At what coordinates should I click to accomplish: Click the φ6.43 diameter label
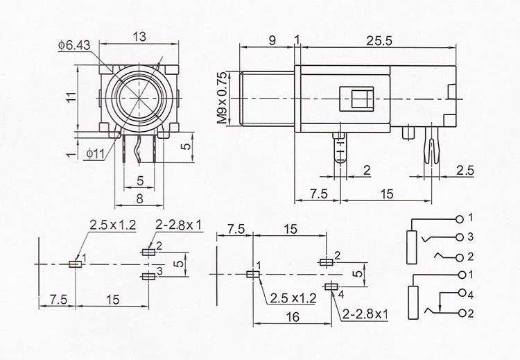[x=73, y=45]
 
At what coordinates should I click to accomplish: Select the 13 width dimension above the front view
[x=139, y=37]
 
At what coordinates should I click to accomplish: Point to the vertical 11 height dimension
[x=71, y=97]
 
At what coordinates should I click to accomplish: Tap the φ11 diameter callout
[x=95, y=153]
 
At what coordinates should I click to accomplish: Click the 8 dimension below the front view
[x=139, y=198]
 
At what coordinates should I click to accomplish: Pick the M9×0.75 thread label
[x=223, y=98]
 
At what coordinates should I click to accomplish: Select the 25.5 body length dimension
[x=379, y=41]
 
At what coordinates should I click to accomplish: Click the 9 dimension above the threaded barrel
[x=272, y=40]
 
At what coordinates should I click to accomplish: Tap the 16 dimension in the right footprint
[x=293, y=317]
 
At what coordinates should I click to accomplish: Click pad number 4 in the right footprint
[x=331, y=286]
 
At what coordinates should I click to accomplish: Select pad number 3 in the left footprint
[x=148, y=276]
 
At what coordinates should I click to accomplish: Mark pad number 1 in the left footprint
[x=76, y=264]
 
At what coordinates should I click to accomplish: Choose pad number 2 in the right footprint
[x=326, y=262]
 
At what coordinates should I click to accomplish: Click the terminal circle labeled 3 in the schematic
[x=460, y=237]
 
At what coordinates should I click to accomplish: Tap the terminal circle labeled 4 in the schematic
[x=462, y=293]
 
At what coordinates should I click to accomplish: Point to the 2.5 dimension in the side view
[x=465, y=171]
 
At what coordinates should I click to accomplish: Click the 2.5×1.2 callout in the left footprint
[x=113, y=225]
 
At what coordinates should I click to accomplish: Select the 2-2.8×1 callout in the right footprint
[x=365, y=314]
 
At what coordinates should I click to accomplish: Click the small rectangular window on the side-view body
[x=356, y=98]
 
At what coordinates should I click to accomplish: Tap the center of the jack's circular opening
[x=139, y=98]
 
